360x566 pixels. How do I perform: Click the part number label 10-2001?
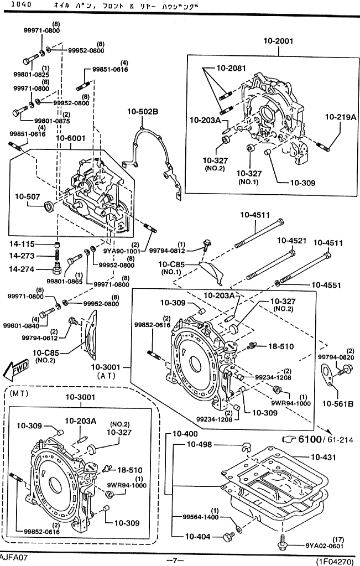(278, 41)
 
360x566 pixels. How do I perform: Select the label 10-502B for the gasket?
(143, 112)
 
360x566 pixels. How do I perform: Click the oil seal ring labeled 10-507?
(49, 206)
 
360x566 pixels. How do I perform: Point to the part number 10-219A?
(340, 117)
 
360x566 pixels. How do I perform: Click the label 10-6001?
(70, 138)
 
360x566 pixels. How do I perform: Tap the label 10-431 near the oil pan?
(323, 458)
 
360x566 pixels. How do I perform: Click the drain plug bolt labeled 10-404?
(229, 537)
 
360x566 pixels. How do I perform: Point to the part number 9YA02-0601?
(324, 546)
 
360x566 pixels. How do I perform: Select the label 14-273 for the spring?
(22, 256)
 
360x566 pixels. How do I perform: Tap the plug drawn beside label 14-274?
(56, 268)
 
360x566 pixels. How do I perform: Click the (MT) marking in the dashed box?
(18, 393)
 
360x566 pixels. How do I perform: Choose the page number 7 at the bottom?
(175, 560)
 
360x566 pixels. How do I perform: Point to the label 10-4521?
(291, 241)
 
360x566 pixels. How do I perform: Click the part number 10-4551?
(326, 285)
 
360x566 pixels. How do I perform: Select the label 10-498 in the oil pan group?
(199, 445)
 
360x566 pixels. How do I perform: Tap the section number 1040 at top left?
(21, 4)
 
